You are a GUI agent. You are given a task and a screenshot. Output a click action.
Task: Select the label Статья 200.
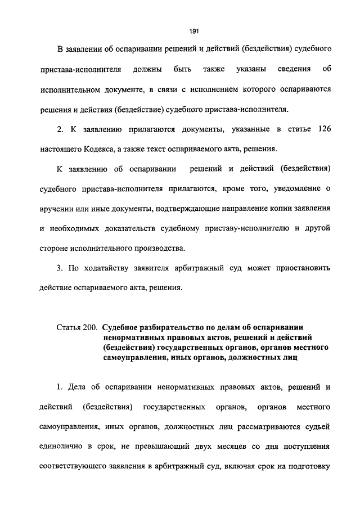(77, 327)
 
